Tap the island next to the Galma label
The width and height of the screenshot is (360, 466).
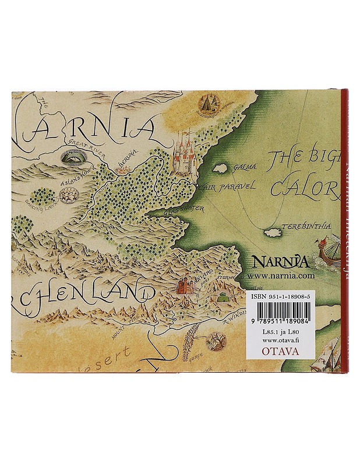(x=220, y=168)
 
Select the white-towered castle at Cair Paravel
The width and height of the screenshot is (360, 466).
(x=186, y=154)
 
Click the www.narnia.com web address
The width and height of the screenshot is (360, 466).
(x=281, y=277)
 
